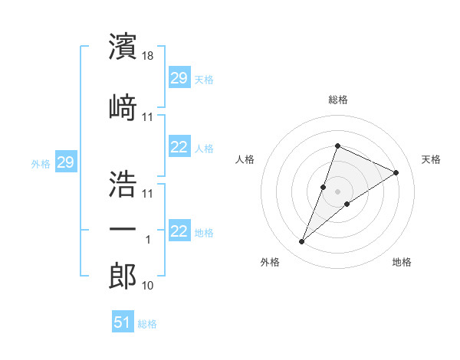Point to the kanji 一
click(123, 229)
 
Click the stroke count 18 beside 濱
click(149, 57)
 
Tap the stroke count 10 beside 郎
click(148, 286)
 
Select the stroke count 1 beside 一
click(149, 240)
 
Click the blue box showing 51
click(123, 322)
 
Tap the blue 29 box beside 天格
click(179, 77)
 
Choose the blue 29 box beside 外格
click(66, 162)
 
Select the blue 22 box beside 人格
click(179, 147)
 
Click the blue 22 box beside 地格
click(179, 231)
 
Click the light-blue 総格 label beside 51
click(147, 324)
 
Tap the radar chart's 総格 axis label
click(337, 100)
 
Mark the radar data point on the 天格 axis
click(396, 172)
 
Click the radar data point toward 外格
click(302, 242)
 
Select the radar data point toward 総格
click(337, 146)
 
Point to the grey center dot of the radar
click(337, 191)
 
